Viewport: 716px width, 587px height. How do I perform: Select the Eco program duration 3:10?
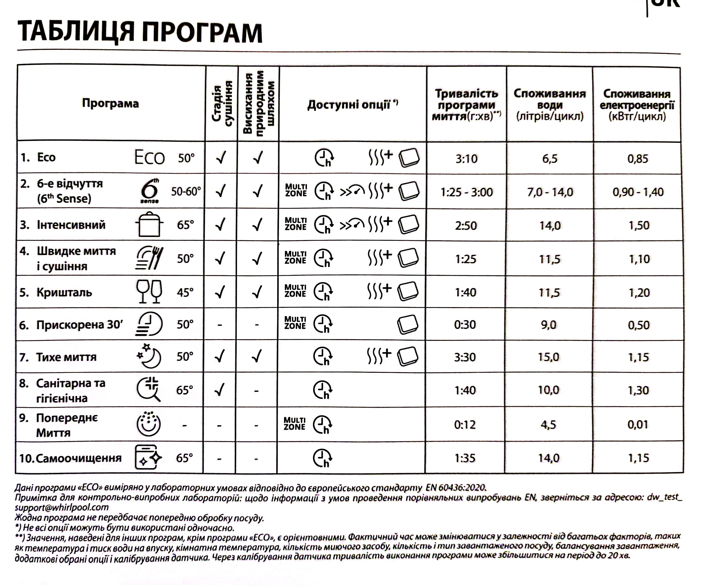[x=466, y=159]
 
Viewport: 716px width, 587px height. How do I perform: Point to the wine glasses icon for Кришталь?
[x=149, y=291]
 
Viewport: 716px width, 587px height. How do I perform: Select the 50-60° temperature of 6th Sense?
[x=186, y=192]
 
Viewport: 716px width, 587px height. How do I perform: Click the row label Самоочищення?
[x=79, y=458]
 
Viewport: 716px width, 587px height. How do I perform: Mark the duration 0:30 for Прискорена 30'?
[x=465, y=325]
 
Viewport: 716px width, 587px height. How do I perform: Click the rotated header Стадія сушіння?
[x=222, y=103]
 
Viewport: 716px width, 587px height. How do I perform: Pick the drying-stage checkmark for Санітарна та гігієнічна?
[x=220, y=390]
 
